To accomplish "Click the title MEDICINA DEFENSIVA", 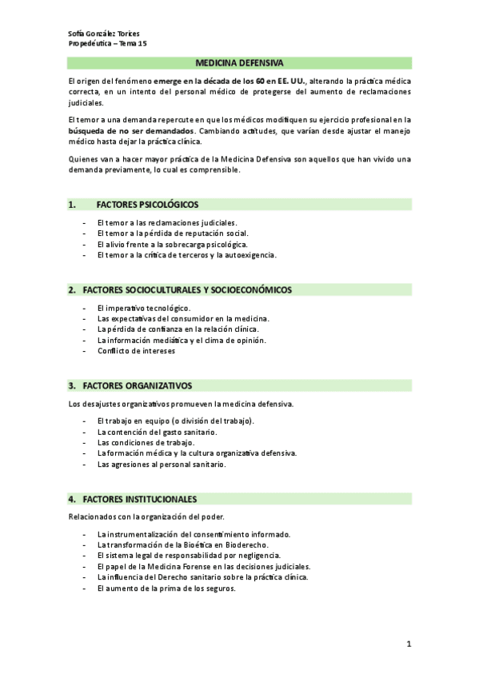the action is point(239,62).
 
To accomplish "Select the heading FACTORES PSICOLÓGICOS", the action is point(147,204).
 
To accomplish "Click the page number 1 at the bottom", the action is point(408,644).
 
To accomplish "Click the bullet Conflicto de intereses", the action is point(135,350).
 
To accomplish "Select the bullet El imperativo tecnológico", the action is point(143,308).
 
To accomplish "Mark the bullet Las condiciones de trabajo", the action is point(146,442).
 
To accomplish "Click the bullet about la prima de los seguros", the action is point(166,588).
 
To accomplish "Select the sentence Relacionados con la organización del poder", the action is point(146,516).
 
